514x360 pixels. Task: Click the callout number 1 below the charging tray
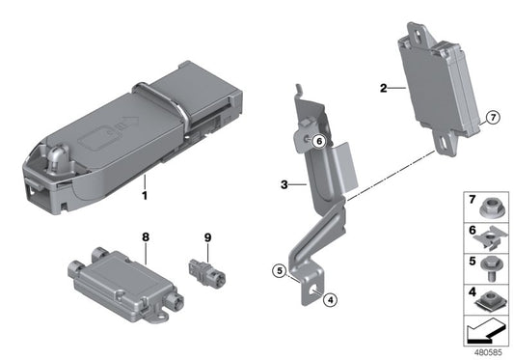point(146,194)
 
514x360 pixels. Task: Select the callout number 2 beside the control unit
point(383,89)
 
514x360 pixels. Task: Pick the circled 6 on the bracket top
point(317,141)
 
